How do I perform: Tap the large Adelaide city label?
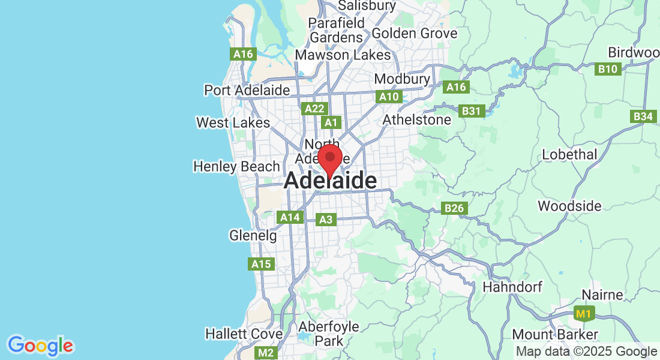click(x=331, y=181)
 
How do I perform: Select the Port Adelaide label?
click(x=247, y=90)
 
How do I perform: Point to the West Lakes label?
click(x=233, y=122)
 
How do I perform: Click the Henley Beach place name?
click(x=236, y=166)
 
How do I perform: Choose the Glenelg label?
click(x=253, y=236)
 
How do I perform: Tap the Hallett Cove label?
click(x=244, y=334)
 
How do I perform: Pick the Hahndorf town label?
click(x=511, y=287)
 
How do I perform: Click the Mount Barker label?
click(x=555, y=334)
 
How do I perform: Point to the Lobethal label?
click(x=569, y=155)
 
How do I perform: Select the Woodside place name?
click(x=569, y=206)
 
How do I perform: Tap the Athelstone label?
click(x=417, y=120)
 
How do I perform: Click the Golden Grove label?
click(x=415, y=34)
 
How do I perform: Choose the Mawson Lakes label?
click(x=343, y=55)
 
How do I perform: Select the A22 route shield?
click(x=314, y=109)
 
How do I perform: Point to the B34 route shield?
click(x=643, y=116)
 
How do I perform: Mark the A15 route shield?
click(x=261, y=263)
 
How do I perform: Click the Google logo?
click(x=40, y=346)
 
